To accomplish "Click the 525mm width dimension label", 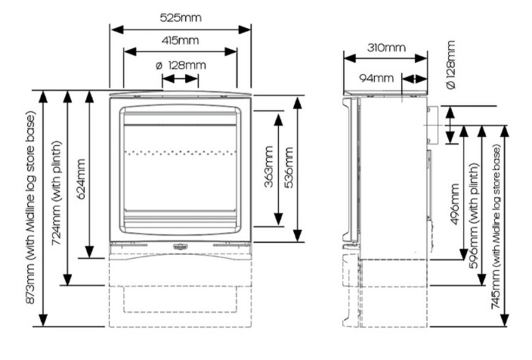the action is coord(181,17).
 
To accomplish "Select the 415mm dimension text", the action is coord(180,40).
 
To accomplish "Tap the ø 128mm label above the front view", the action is coord(181,65).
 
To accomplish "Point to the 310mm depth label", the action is coord(386,48).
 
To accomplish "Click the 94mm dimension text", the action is coord(376,79).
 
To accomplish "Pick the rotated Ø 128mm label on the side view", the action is coord(450,65).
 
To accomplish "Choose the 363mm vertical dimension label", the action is coord(269,166).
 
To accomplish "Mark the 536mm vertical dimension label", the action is coord(289,167).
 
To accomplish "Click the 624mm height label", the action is coord(82,179).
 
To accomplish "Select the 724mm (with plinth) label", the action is coord(57,193).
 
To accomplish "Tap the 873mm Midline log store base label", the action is coord(30,207).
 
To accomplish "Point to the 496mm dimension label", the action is coord(455,204).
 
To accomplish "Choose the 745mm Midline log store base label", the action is coord(496,227).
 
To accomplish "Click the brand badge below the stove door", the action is coord(180,247).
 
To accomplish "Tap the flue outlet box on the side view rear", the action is coord(432,125).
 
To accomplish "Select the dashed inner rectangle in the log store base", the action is coord(180,299).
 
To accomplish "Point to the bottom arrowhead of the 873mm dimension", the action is coord(43,320).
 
